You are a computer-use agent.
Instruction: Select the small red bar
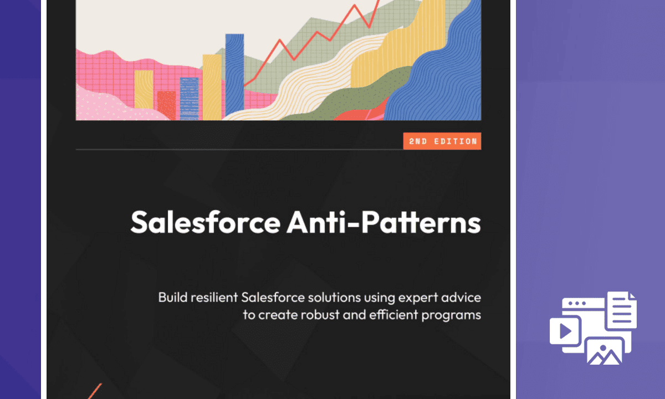pyautogui.click(x=166, y=105)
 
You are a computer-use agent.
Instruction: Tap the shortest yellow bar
pyautogui.click(x=144, y=94)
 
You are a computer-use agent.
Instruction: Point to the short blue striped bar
pyautogui.click(x=189, y=99)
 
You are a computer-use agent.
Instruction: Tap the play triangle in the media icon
pyautogui.click(x=565, y=331)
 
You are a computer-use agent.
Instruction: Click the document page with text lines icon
pyautogui.click(x=622, y=310)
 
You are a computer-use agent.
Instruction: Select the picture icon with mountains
pyautogui.click(x=605, y=351)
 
